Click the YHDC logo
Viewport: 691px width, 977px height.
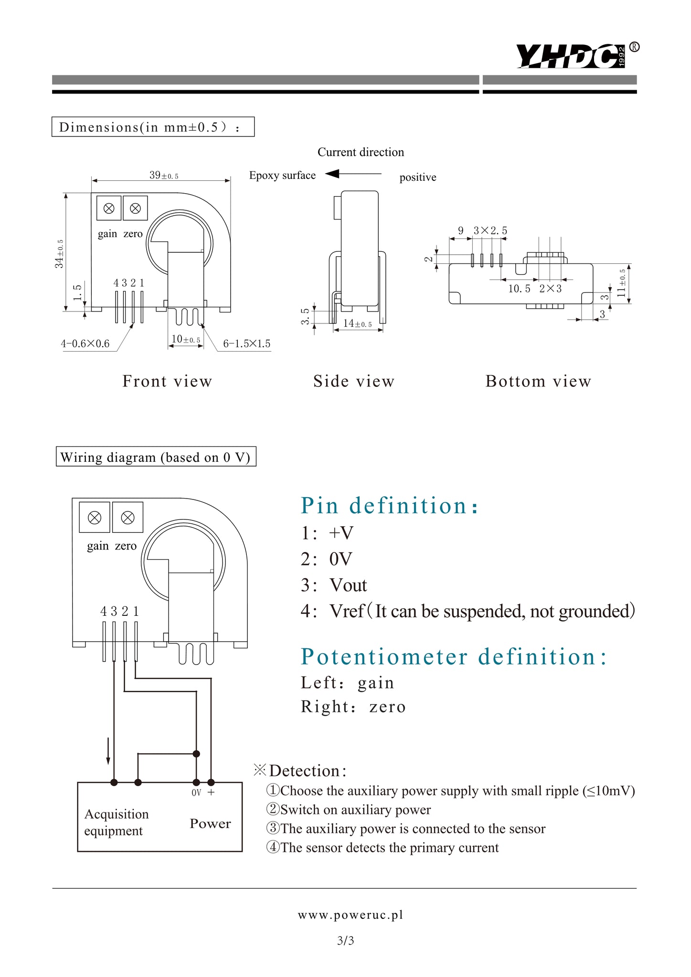point(577,55)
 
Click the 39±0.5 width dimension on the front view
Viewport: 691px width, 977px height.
point(164,176)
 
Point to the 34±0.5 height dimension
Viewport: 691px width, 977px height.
point(59,254)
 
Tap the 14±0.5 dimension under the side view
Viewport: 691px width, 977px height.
point(357,324)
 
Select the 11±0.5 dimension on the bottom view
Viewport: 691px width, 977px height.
point(621,283)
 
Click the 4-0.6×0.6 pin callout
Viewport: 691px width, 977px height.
point(85,343)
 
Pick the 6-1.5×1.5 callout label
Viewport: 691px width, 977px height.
point(247,343)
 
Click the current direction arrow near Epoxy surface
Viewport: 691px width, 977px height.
point(353,174)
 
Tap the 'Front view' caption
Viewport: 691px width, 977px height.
point(167,381)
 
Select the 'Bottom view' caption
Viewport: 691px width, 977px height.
point(539,381)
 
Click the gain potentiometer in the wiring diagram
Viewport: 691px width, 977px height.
point(95,517)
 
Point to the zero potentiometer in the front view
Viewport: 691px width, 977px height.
point(135,208)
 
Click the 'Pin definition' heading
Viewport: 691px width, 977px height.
point(389,506)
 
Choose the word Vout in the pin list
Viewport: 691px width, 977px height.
point(348,585)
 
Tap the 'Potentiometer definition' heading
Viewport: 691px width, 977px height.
point(454,657)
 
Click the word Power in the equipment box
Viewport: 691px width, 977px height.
point(210,824)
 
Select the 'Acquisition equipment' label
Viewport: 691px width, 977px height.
point(117,822)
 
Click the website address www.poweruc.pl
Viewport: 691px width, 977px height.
point(351,915)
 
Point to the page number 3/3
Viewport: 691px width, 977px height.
point(346,941)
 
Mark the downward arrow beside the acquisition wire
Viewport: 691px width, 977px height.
point(108,751)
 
